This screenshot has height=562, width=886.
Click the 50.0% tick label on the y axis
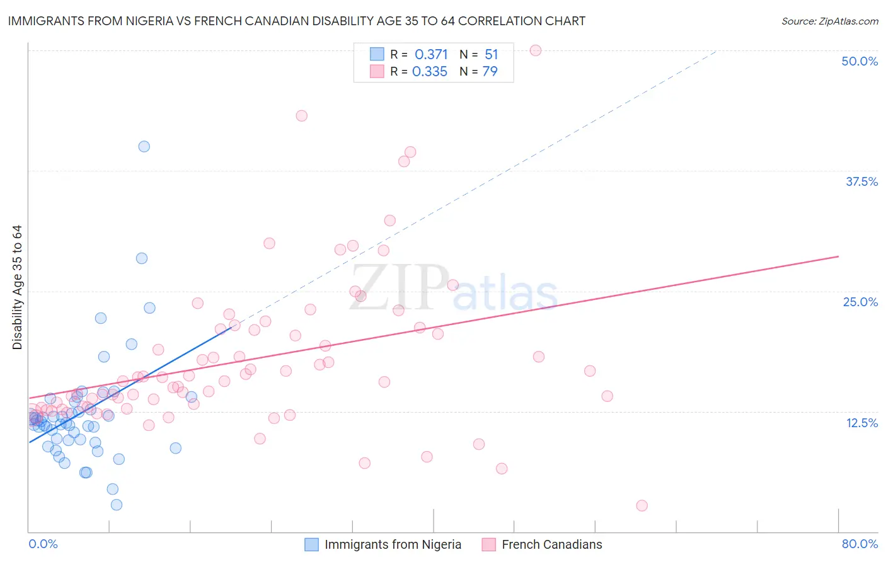click(x=860, y=61)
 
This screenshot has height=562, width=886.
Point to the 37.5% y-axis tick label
click(x=861, y=181)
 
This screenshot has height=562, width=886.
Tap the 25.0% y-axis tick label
click(x=860, y=302)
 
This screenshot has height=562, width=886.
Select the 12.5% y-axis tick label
click(x=861, y=423)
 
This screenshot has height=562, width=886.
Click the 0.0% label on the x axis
click(x=43, y=544)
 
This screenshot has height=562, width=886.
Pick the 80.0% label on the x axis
click(x=860, y=544)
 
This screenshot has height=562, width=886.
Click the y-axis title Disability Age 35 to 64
click(x=17, y=287)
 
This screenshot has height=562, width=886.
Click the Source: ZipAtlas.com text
click(x=829, y=21)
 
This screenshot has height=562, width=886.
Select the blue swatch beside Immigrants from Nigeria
click(x=311, y=544)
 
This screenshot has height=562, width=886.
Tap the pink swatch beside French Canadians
click(x=488, y=544)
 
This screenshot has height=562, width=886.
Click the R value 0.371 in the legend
click(x=431, y=55)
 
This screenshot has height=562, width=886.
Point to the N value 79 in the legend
click(x=490, y=72)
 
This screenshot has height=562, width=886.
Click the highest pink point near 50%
click(x=536, y=50)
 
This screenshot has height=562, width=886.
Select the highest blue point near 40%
click(x=144, y=146)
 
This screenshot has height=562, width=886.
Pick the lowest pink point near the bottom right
click(x=641, y=505)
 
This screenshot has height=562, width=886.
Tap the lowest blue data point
click(x=117, y=505)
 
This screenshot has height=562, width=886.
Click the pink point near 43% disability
click(x=302, y=116)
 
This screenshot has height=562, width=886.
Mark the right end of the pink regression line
click(x=838, y=256)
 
